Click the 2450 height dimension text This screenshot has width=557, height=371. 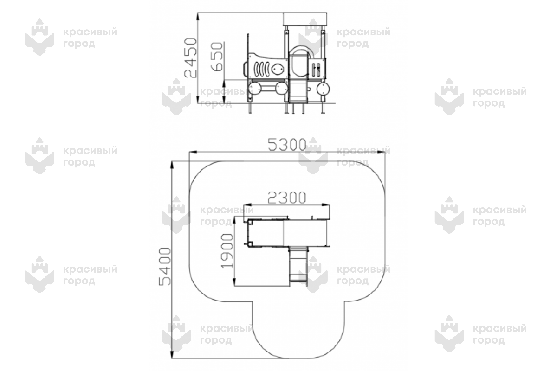[190, 58]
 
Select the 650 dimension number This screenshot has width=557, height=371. [217, 57]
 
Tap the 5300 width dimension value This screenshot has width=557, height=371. [287, 145]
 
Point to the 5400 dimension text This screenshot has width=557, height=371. [165, 266]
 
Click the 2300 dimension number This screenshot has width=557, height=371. [286, 198]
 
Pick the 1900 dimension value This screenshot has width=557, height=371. [227, 251]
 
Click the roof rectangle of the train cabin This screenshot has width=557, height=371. [305, 19]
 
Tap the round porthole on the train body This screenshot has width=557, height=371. [278, 68]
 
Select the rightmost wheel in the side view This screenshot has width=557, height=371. [323, 89]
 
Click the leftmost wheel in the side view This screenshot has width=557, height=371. [255, 89]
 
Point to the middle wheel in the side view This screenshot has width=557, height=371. [281, 89]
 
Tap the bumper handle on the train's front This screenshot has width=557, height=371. [245, 68]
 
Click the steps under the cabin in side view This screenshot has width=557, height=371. [298, 91]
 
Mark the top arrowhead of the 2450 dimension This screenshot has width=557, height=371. [198, 16]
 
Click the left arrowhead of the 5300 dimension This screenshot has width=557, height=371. [193, 152]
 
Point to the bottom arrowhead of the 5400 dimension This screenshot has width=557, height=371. [172, 355]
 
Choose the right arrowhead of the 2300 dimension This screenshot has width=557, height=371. [326, 205]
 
